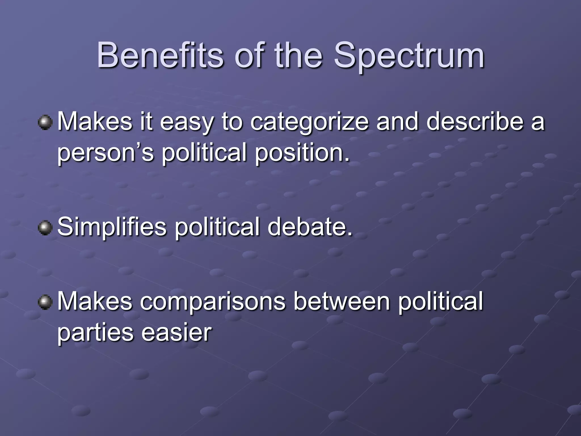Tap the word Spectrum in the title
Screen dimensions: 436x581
pos(409,57)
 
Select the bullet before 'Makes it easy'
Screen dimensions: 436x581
pos(45,123)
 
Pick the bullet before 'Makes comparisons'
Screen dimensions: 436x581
pos(45,302)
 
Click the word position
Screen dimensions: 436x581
pos(302,153)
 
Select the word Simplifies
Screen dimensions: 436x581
pos(112,227)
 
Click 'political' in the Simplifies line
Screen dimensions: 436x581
pos(217,227)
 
